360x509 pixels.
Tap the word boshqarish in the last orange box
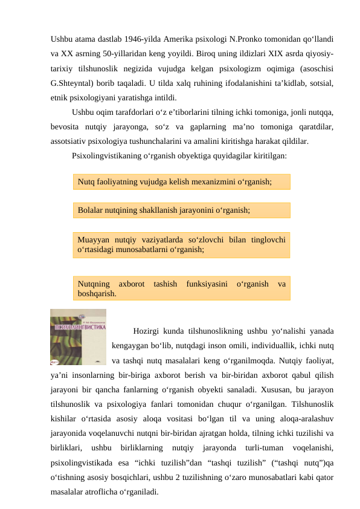pyautogui.click(x=97, y=293)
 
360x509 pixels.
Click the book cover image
pyautogui.click(x=78, y=337)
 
